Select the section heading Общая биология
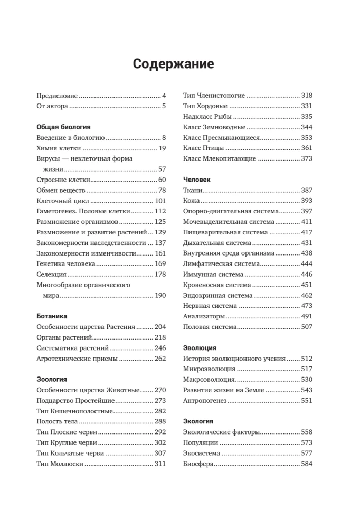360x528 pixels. [x=63, y=127]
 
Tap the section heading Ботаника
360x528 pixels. [x=52, y=316]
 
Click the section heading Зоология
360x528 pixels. [x=51, y=379]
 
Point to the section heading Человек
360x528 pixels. [x=197, y=180]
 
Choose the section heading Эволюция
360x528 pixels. [x=199, y=347]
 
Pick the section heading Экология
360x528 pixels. [x=198, y=421]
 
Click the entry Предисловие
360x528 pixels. [x=57, y=96]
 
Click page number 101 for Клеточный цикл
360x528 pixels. [x=160, y=201]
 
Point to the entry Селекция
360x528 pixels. [x=51, y=274]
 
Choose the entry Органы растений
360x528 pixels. [x=65, y=337]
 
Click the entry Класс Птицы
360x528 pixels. [x=204, y=148]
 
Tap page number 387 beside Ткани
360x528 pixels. [x=307, y=190]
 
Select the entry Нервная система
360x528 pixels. [x=210, y=306]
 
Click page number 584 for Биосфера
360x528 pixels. [x=307, y=464]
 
